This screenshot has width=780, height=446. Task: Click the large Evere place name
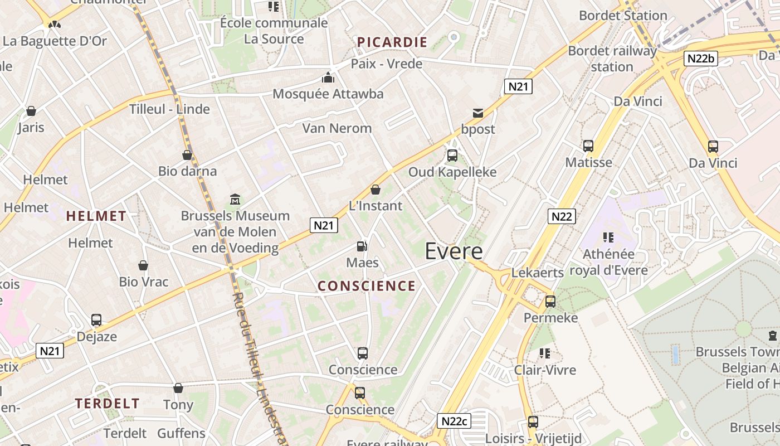(454, 251)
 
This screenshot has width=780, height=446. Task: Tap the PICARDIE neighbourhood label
(392, 42)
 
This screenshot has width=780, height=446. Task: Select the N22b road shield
(701, 59)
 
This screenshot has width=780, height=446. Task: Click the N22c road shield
(452, 421)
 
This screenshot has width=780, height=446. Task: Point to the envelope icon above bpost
(478, 113)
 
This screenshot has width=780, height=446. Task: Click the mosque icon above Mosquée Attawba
(328, 77)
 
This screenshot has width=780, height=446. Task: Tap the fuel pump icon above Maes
(362, 246)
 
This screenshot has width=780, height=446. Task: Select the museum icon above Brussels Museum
(235, 199)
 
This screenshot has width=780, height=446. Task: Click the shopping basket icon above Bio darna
(187, 155)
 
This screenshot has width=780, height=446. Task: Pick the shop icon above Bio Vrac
(143, 265)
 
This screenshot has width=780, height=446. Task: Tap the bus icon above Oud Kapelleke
(452, 156)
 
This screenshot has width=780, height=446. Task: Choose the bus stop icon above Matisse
(588, 146)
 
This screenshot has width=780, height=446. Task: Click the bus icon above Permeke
(550, 302)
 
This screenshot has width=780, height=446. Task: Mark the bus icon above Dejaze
(96, 320)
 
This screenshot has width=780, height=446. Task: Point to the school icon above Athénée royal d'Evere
(608, 237)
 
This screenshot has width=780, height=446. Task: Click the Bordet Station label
(623, 16)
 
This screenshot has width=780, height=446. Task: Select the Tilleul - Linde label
(169, 109)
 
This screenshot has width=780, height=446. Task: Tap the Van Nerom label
(337, 128)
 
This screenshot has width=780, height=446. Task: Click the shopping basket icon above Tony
(178, 388)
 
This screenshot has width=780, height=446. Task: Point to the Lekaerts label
(538, 273)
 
